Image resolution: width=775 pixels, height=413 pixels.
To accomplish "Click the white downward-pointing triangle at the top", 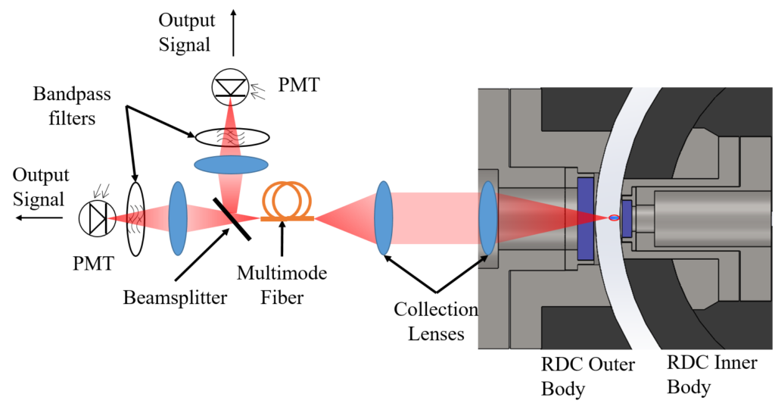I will click(231, 86).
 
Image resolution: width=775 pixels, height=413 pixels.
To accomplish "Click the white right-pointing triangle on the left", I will click(96, 219).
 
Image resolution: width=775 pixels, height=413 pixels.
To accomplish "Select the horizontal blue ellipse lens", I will click(231, 164).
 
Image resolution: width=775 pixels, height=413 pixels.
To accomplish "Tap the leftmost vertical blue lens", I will click(177, 218).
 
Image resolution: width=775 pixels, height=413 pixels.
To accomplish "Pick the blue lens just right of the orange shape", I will click(384, 217).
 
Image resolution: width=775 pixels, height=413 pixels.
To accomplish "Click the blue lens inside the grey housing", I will click(487, 218).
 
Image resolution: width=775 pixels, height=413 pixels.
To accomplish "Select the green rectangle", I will click(269, 244).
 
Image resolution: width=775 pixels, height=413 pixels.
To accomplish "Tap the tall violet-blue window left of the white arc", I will click(585, 218).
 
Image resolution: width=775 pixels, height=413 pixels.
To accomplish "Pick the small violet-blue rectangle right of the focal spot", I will click(627, 218).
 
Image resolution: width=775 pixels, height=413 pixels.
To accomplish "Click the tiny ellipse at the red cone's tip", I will click(614, 218).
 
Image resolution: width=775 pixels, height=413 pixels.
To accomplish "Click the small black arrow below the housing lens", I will click(481, 261).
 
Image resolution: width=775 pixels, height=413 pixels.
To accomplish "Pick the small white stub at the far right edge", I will click(773, 218).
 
